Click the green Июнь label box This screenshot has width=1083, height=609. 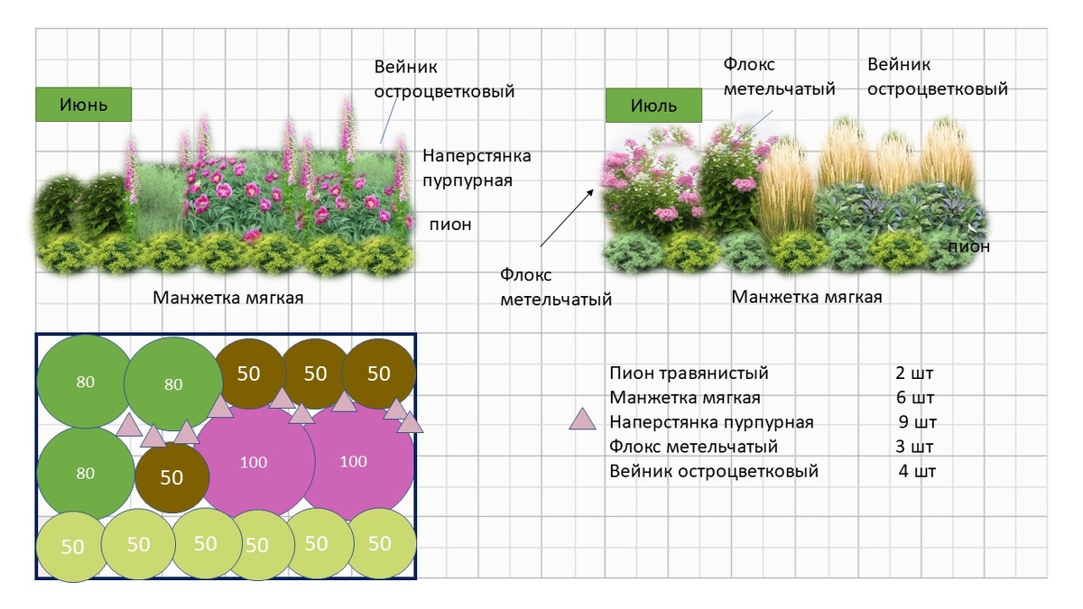[84, 104]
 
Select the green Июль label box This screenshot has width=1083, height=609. [653, 106]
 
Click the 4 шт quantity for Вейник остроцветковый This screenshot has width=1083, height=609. [918, 471]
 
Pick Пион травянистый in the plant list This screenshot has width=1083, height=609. [689, 374]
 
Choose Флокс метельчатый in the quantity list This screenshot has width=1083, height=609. [693, 447]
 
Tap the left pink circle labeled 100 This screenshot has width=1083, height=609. [254, 462]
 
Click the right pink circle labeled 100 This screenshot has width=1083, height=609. [353, 462]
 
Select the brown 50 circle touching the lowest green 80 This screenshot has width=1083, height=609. [171, 477]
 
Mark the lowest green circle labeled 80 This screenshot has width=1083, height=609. [85, 474]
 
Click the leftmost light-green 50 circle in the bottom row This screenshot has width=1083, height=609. [72, 546]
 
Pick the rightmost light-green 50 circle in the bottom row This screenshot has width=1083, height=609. [380, 543]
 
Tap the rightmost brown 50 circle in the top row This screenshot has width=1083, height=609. [379, 373]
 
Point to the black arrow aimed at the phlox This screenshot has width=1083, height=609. [566, 217]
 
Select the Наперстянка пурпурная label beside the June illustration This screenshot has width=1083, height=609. [477, 168]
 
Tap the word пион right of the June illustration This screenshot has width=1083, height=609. [449, 225]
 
